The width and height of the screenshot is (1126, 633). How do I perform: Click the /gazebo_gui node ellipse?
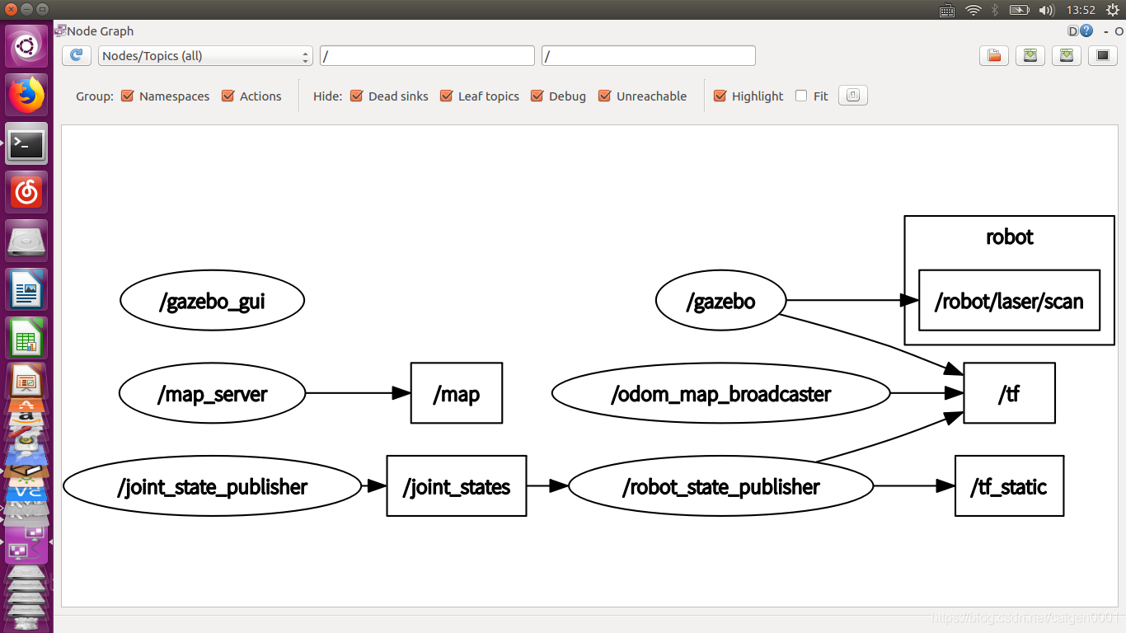click(212, 301)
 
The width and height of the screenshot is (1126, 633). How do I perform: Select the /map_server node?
click(212, 393)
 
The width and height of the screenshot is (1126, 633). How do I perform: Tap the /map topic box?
click(457, 393)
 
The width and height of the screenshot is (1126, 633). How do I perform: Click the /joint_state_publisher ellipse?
click(212, 486)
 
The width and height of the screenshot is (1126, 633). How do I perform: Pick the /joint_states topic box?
click(457, 486)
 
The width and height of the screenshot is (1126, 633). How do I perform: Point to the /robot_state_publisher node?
click(720, 486)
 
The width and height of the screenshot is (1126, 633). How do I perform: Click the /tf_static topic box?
click(1010, 486)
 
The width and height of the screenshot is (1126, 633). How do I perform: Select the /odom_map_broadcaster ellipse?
click(720, 393)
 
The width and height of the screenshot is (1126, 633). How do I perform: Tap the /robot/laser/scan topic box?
click(1010, 301)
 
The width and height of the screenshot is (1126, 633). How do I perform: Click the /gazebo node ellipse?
click(720, 301)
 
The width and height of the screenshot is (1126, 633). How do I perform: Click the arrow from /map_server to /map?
click(358, 393)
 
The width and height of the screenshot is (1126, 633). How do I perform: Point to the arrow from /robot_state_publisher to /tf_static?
click(914, 486)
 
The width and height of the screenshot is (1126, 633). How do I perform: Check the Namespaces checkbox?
click(128, 96)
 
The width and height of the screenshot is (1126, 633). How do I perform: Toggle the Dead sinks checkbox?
click(356, 96)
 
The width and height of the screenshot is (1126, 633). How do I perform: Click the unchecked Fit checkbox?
click(801, 96)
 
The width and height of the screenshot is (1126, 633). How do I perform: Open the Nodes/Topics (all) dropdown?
click(205, 56)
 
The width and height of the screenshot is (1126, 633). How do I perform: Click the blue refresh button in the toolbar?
click(77, 55)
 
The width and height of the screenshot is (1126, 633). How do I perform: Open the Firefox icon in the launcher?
click(26, 96)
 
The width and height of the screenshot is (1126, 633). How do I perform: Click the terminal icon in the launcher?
click(26, 144)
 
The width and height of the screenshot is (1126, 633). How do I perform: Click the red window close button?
click(11, 9)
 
